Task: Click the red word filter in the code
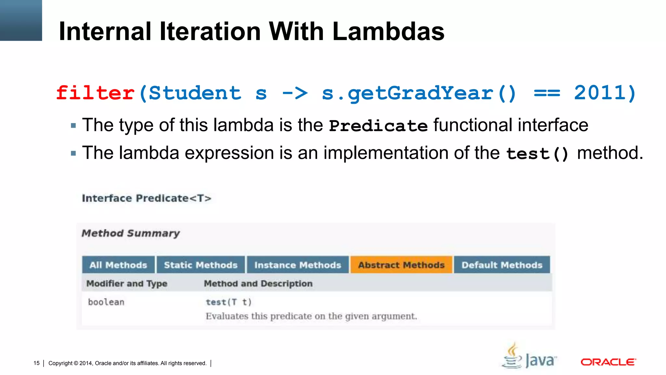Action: [95, 93]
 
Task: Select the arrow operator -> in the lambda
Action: [295, 93]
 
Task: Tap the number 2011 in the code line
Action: [600, 93]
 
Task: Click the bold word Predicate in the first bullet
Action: [378, 126]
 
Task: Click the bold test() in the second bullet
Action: [537, 154]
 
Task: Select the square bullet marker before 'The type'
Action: [73, 125]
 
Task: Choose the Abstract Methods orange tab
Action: [401, 265]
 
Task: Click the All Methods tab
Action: [118, 265]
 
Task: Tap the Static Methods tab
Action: [201, 265]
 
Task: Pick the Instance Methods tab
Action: [298, 265]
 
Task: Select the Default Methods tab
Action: [502, 265]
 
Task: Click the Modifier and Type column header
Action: [127, 284]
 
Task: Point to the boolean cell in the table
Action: [106, 302]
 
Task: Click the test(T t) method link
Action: [229, 302]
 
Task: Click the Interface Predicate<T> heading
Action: [146, 198]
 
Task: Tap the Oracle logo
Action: [608, 362]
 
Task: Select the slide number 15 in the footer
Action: [36, 363]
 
